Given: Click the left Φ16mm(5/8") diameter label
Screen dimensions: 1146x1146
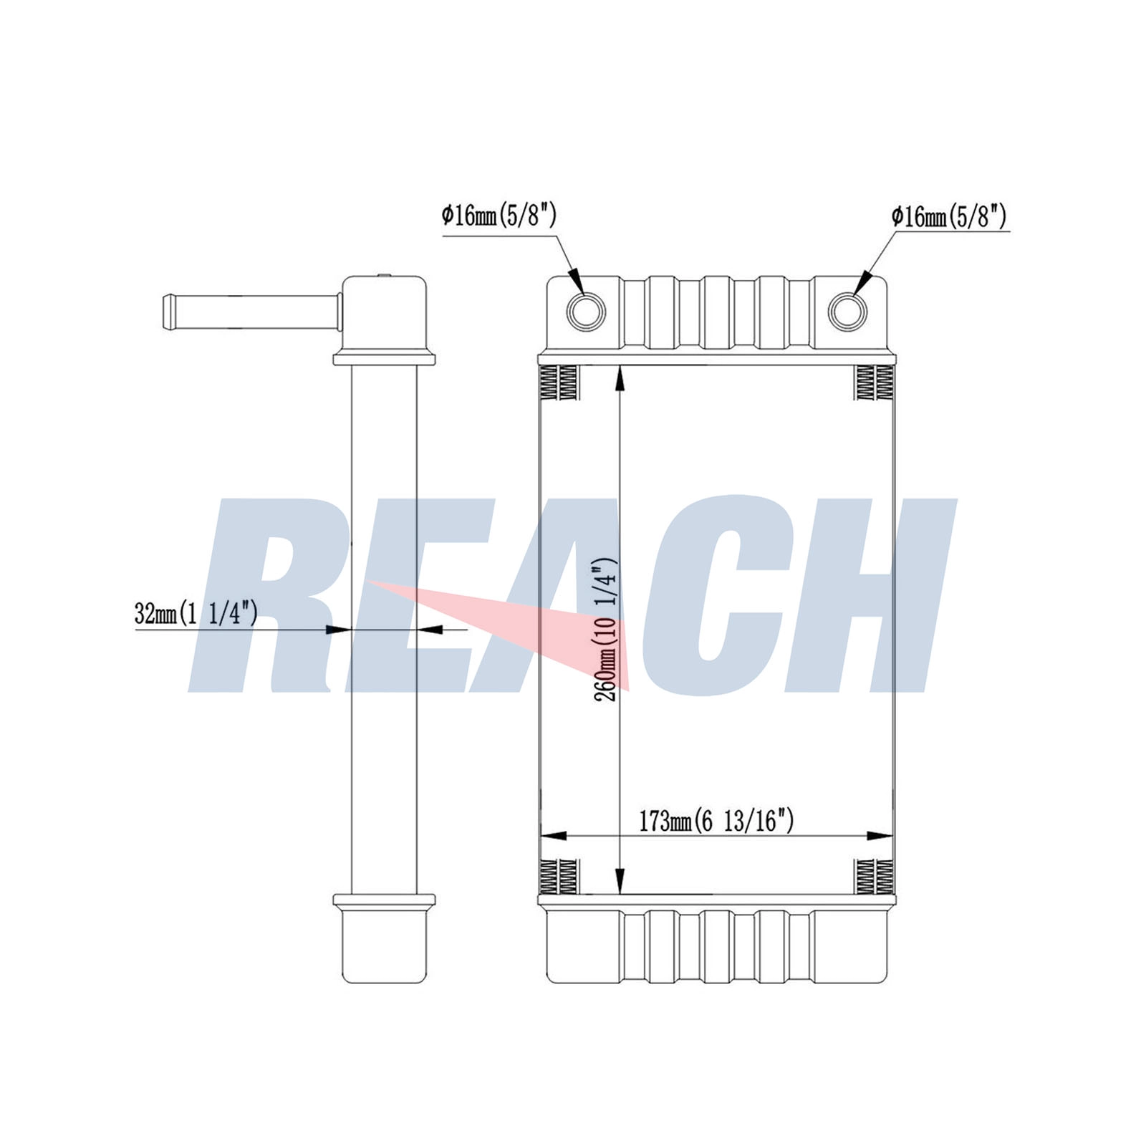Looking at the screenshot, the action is [499, 215].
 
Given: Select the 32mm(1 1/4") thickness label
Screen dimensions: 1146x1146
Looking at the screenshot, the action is [196, 613].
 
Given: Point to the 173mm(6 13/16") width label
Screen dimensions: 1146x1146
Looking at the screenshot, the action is [716, 821].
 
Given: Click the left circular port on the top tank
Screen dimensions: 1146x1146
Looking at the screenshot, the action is [586, 312].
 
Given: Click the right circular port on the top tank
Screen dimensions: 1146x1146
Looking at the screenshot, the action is [847, 312].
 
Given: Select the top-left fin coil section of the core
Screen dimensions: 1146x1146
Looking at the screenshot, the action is [559, 382].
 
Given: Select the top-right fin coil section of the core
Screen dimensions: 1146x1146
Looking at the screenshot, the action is [875, 382].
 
